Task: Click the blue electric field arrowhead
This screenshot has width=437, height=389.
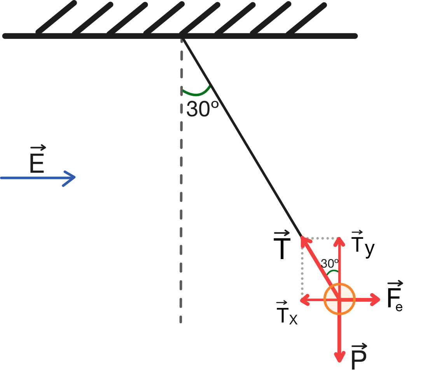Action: [x=70, y=178]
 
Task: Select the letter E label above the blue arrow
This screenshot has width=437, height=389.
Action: [x=37, y=159]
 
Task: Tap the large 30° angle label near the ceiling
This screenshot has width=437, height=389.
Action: [x=202, y=109]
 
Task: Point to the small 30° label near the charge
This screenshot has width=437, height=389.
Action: [x=330, y=263]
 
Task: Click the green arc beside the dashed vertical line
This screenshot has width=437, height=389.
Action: [x=196, y=94]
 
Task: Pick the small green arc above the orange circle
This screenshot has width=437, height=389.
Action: [x=332, y=272]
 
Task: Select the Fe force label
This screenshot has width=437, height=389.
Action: [x=395, y=296]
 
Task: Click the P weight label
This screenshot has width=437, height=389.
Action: [x=359, y=357]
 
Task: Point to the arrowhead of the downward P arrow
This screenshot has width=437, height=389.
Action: [x=339, y=357]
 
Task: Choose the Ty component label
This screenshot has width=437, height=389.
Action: [x=363, y=244]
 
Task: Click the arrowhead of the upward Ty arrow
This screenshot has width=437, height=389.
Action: [x=339, y=241]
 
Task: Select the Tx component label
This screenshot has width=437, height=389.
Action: [x=287, y=313]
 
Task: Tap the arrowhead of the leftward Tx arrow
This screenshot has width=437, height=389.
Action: [x=305, y=300]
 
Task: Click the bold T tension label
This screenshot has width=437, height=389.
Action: [x=282, y=245]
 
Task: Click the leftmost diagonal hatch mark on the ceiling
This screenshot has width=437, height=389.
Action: [x=56, y=18]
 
